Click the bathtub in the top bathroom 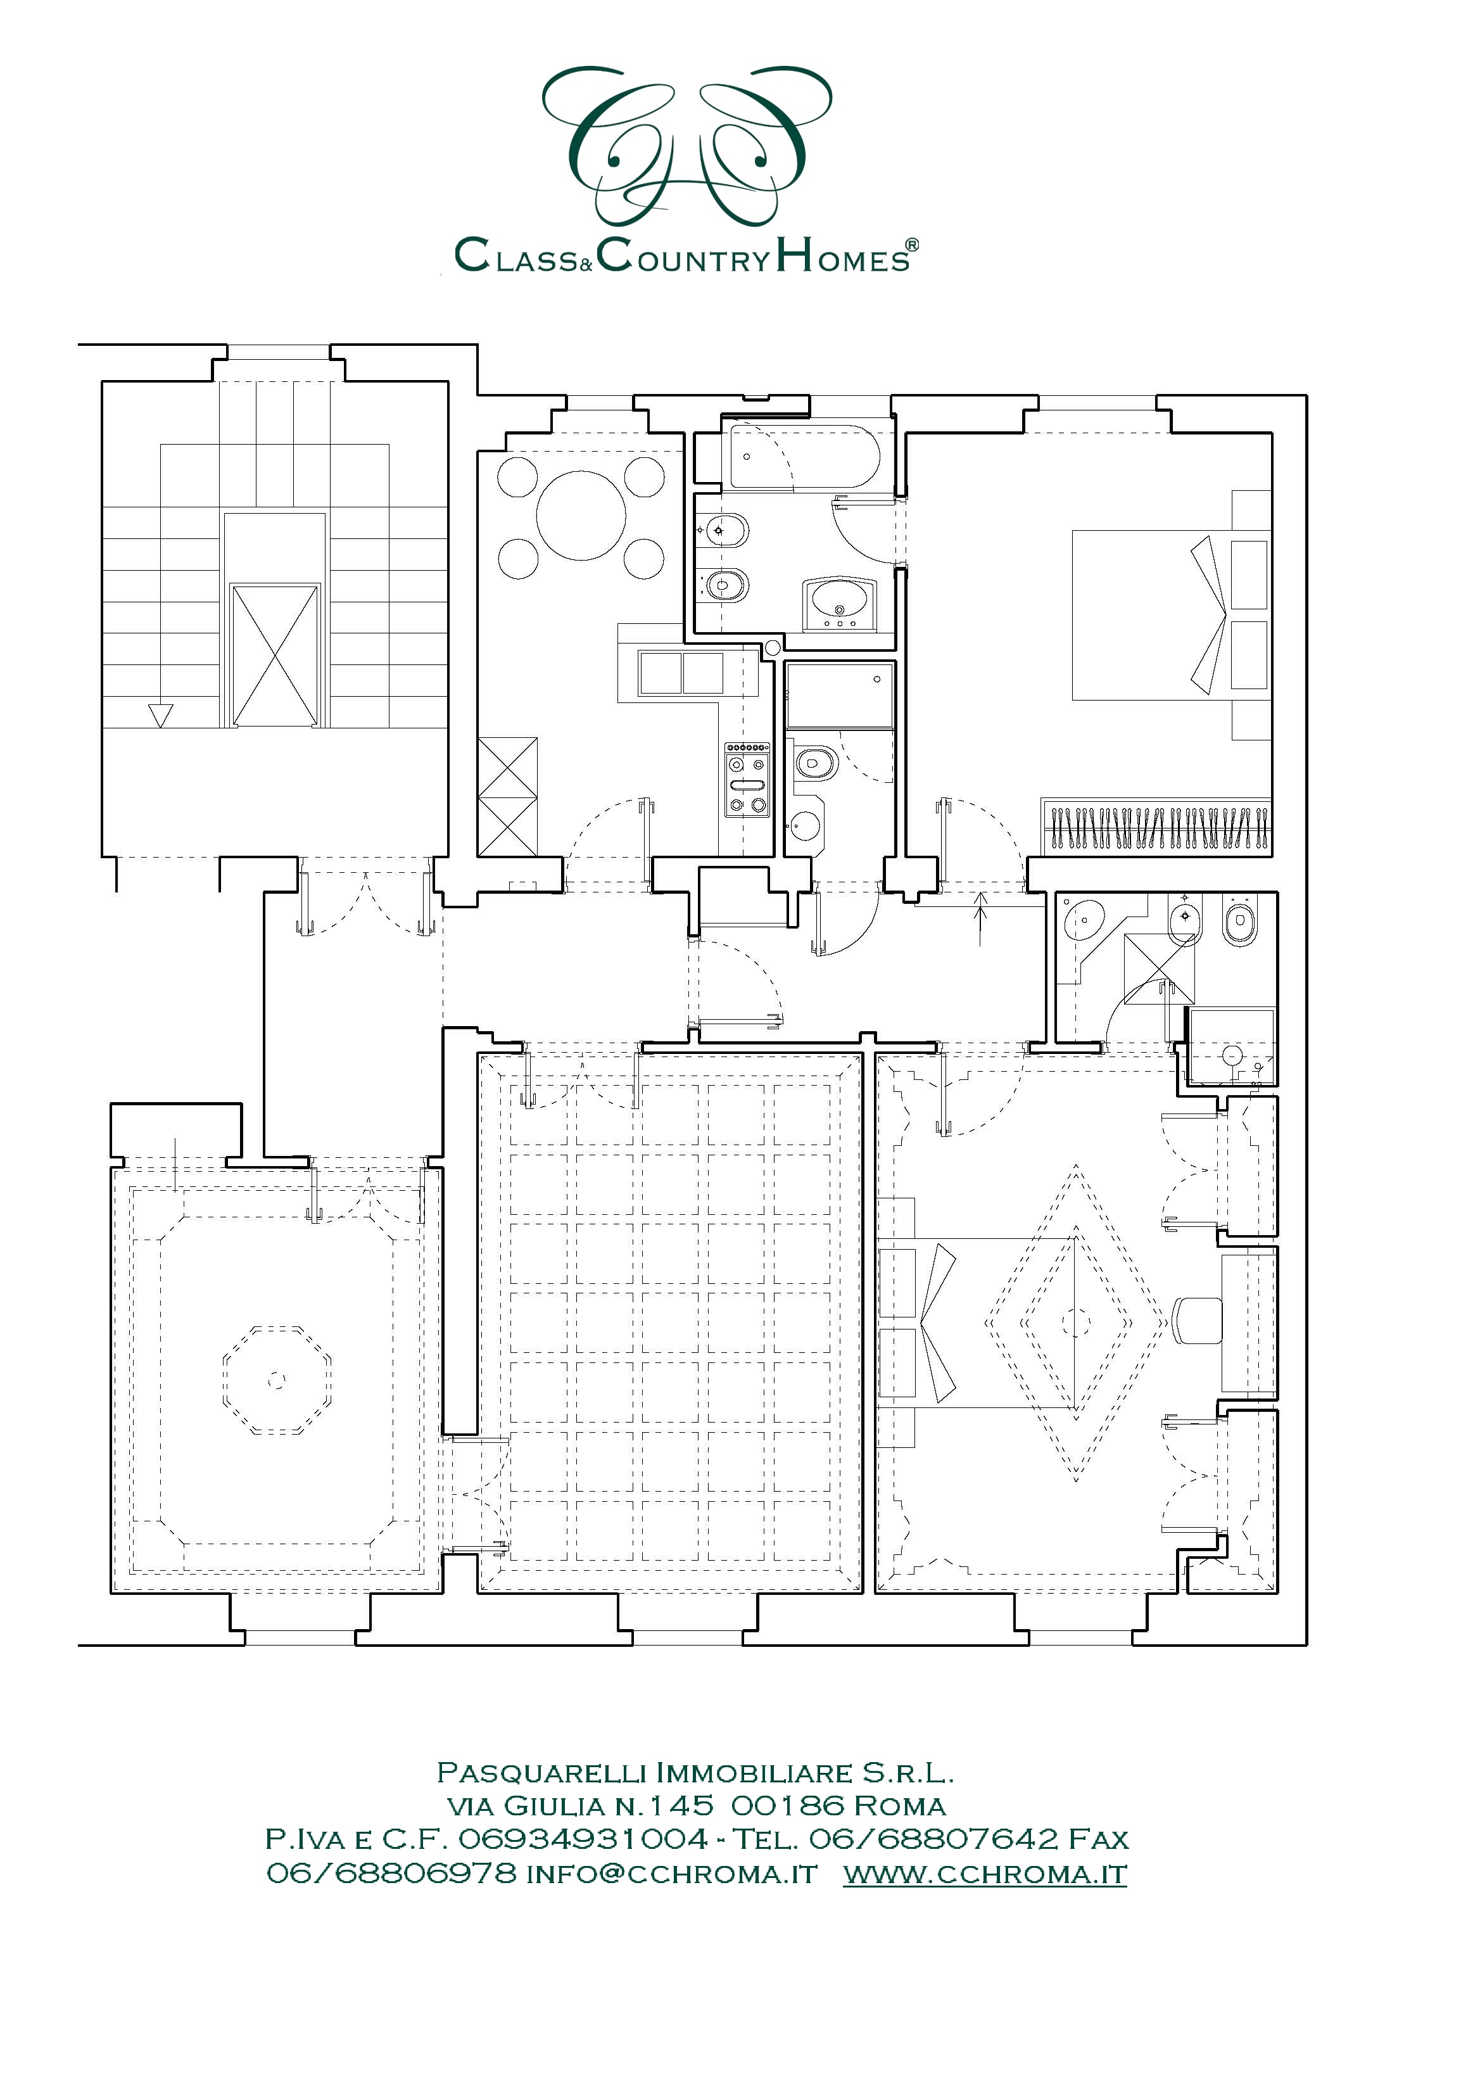coord(802,456)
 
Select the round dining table coord(581,516)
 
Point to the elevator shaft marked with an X coord(274,655)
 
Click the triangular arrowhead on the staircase coord(160,715)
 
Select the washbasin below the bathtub coord(840,603)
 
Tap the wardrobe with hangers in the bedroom coord(1157,828)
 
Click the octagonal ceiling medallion coord(276,1380)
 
